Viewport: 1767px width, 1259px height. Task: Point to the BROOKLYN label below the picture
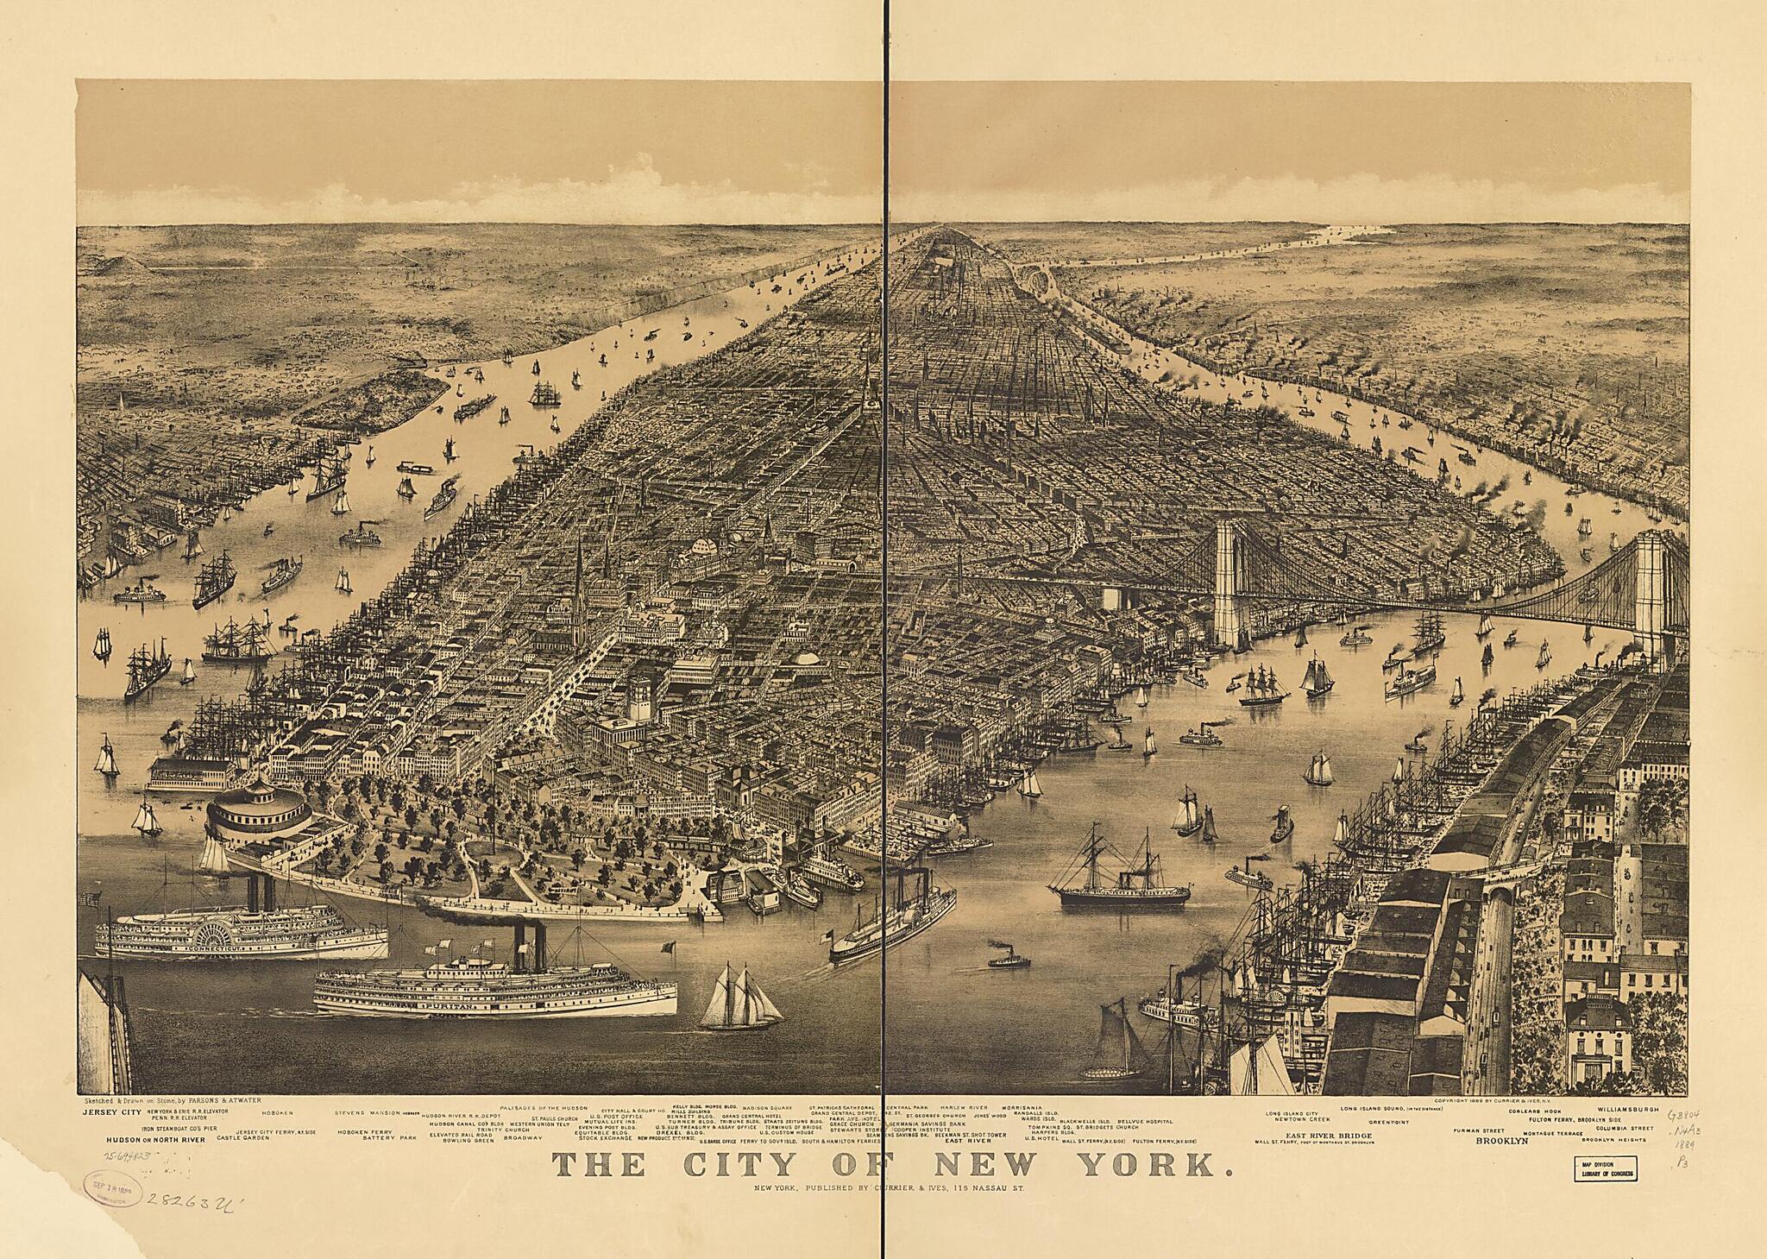(x=1501, y=1140)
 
